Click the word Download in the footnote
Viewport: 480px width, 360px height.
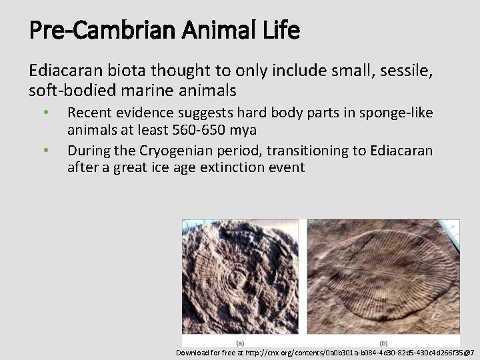[x=194, y=352]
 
